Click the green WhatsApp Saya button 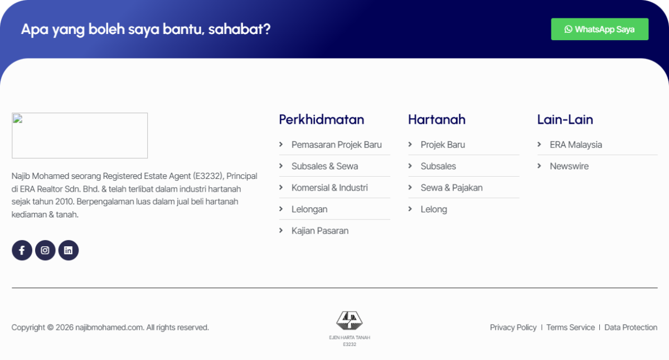pyautogui.click(x=600, y=29)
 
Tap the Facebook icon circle pyautogui.click(x=22, y=250)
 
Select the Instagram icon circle pyautogui.click(x=45, y=250)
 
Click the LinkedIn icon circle pyautogui.click(x=69, y=250)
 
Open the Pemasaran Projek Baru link pyautogui.click(x=337, y=145)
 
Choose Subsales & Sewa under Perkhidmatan pyautogui.click(x=324, y=166)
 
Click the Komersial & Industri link pyautogui.click(x=329, y=188)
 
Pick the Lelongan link pyautogui.click(x=309, y=209)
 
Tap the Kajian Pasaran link pyautogui.click(x=320, y=231)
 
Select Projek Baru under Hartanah pyautogui.click(x=443, y=145)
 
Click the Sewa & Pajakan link pyautogui.click(x=452, y=188)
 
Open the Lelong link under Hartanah pyautogui.click(x=434, y=209)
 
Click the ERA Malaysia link pyautogui.click(x=576, y=145)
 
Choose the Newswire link pyautogui.click(x=569, y=166)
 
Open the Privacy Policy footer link pyautogui.click(x=513, y=328)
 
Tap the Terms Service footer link pyautogui.click(x=570, y=328)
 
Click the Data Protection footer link pyautogui.click(x=631, y=328)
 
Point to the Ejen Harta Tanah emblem pyautogui.click(x=350, y=320)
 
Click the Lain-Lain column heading pyautogui.click(x=565, y=119)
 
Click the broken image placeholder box pyautogui.click(x=80, y=135)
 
